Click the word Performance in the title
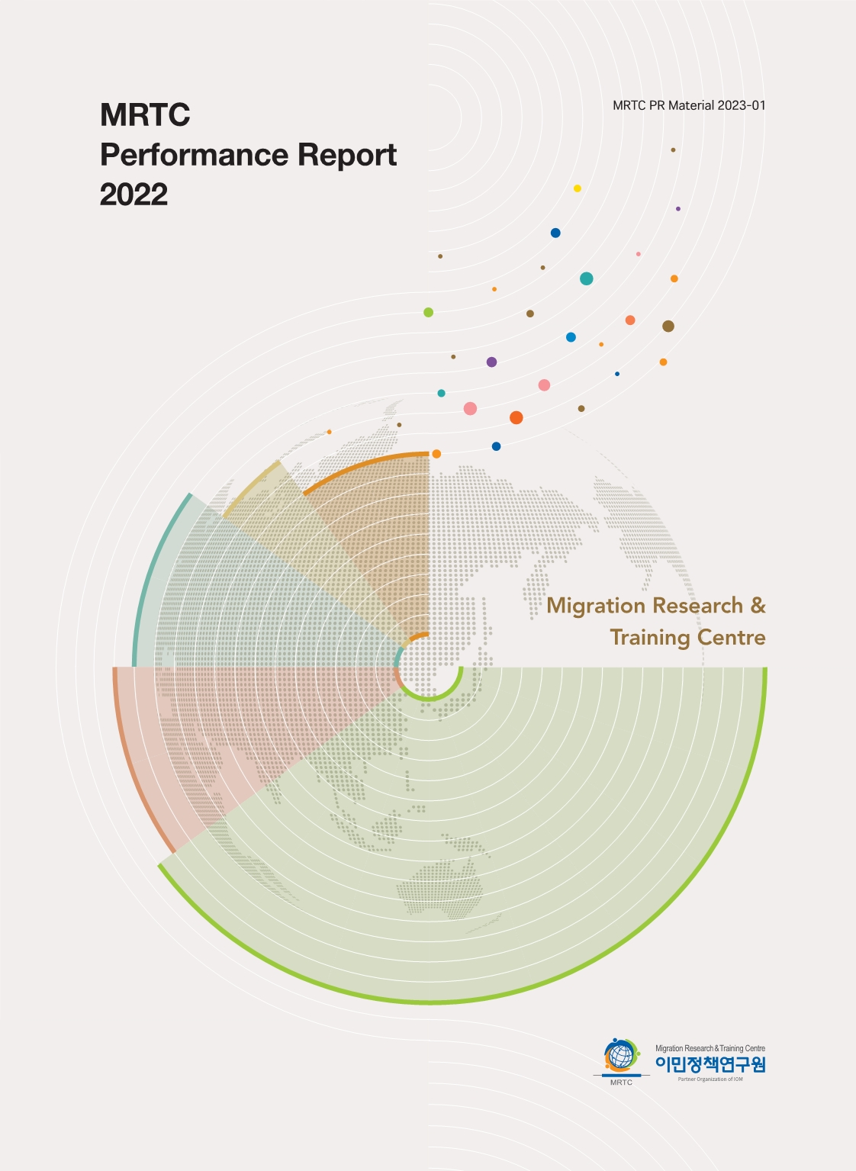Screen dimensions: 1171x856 click(x=194, y=155)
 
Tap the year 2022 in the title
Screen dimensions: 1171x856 click(x=134, y=195)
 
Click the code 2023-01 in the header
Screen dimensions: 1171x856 click(x=741, y=105)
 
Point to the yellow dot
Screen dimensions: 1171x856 click(x=578, y=188)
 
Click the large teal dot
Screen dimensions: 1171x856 click(x=586, y=278)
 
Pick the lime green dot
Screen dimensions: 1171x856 click(x=429, y=312)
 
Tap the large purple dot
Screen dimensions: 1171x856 click(x=491, y=362)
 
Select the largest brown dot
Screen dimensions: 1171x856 click(x=668, y=327)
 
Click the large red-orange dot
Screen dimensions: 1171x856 click(x=516, y=417)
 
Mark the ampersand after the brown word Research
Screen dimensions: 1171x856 click(x=758, y=605)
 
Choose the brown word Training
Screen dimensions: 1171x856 click(x=650, y=638)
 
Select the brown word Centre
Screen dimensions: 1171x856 click(x=733, y=637)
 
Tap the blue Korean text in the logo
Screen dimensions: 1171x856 click(x=710, y=1064)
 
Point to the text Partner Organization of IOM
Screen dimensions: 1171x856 click(x=710, y=1079)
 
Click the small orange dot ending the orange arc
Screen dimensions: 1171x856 click(x=436, y=454)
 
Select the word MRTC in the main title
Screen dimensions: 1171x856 click(x=145, y=115)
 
